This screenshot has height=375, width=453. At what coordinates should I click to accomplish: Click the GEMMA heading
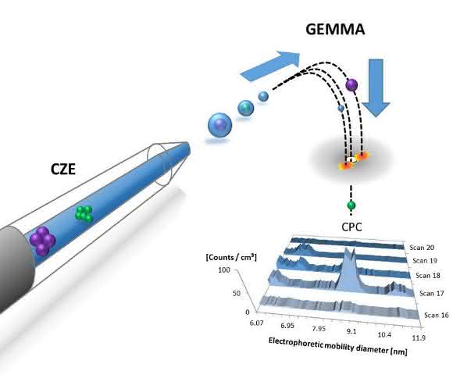(x=335, y=30)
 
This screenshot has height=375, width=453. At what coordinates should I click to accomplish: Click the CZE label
(x=63, y=169)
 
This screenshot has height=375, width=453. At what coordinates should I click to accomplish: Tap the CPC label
(x=351, y=227)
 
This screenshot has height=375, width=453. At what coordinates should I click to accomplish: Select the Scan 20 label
(x=422, y=248)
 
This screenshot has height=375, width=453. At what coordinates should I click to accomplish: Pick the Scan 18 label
(x=428, y=276)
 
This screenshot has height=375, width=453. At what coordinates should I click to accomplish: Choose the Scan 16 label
(x=437, y=315)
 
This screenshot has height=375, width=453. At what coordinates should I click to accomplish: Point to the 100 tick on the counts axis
(x=224, y=270)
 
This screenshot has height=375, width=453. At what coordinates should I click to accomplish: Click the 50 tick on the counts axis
(x=237, y=293)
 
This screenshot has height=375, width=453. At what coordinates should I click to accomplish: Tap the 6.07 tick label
(x=256, y=323)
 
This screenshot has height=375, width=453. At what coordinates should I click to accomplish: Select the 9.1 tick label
(x=351, y=331)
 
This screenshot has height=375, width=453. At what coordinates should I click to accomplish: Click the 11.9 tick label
(x=419, y=337)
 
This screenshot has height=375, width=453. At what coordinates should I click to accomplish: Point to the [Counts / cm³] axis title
(x=231, y=257)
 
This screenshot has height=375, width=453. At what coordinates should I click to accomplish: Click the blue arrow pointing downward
(x=376, y=87)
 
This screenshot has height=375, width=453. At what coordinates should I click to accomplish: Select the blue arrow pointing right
(x=269, y=66)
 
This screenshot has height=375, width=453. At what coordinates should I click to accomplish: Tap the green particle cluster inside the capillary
(x=84, y=214)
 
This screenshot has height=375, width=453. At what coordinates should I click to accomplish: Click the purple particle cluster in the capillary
(x=42, y=241)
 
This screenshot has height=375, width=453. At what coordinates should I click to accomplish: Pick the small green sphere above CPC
(x=351, y=205)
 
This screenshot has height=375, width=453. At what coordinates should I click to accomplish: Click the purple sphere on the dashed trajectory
(x=351, y=85)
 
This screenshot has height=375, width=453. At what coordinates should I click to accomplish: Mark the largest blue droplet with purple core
(x=219, y=125)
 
